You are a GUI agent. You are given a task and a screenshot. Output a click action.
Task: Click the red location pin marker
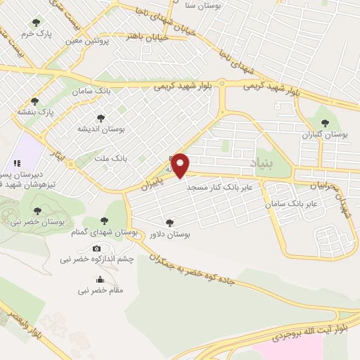181,165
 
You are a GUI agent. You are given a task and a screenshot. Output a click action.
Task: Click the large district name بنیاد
269,164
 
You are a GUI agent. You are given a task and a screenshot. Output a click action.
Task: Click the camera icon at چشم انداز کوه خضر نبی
96,248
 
